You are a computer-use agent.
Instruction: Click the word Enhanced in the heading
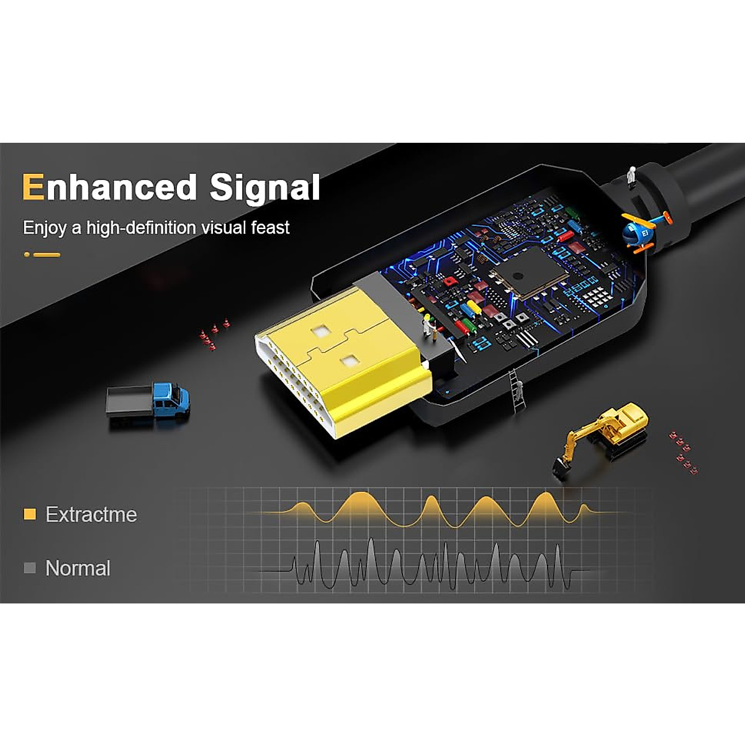pos(109,187)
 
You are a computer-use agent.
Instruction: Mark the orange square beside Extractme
pos(29,514)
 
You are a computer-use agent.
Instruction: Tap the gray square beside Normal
pos(29,567)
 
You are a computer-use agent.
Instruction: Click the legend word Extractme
pos(91,515)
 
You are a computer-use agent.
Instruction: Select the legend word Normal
pos(78,568)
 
